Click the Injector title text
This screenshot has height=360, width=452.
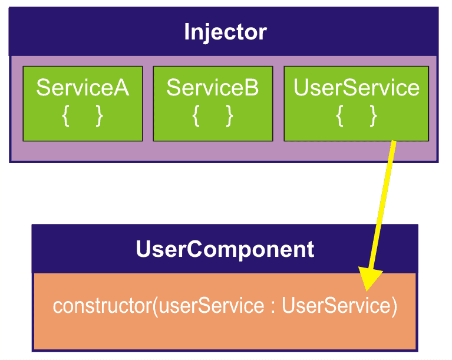click(225, 32)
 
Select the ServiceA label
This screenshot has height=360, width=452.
click(83, 88)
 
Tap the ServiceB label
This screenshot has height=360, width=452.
click(212, 88)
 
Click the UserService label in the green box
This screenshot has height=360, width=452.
click(356, 88)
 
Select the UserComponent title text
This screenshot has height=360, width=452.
click(225, 249)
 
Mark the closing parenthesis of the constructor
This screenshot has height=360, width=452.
click(393, 306)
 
